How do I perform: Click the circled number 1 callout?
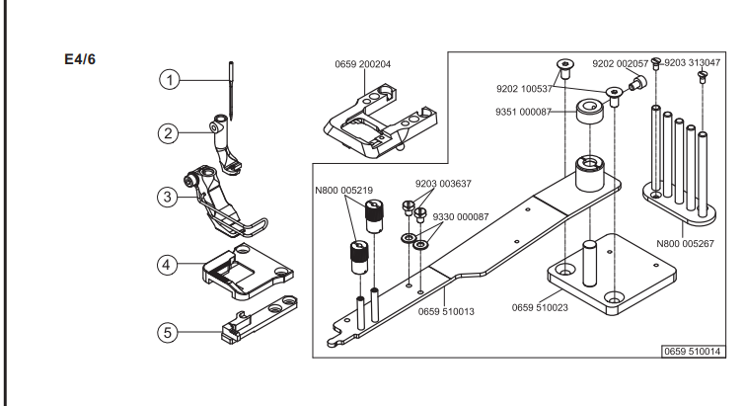tap(170, 79)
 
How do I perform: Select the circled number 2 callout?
tap(168, 133)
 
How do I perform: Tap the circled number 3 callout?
tap(167, 197)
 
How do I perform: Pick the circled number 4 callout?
tap(167, 265)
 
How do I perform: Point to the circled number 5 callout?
tap(167, 332)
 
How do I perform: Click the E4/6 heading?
tap(80, 59)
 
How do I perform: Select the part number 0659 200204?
tap(362, 64)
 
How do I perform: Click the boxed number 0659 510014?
tap(693, 352)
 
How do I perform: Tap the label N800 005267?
tap(685, 243)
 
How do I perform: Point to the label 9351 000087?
tap(523, 112)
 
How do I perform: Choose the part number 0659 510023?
tap(540, 307)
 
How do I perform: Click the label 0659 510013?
tap(446, 311)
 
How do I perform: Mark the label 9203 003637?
tap(443, 184)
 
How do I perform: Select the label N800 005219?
tap(344, 191)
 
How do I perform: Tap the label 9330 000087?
tap(461, 216)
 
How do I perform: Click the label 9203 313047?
tap(693, 62)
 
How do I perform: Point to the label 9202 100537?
tap(524, 89)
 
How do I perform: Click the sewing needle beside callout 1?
tap(231, 90)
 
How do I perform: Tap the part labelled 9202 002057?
tap(635, 82)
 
